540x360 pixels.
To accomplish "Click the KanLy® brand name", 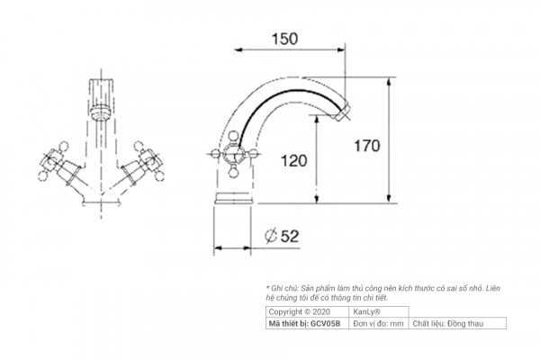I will click(x=368, y=310).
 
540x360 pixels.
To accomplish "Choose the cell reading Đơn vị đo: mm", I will click(x=378, y=321).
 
